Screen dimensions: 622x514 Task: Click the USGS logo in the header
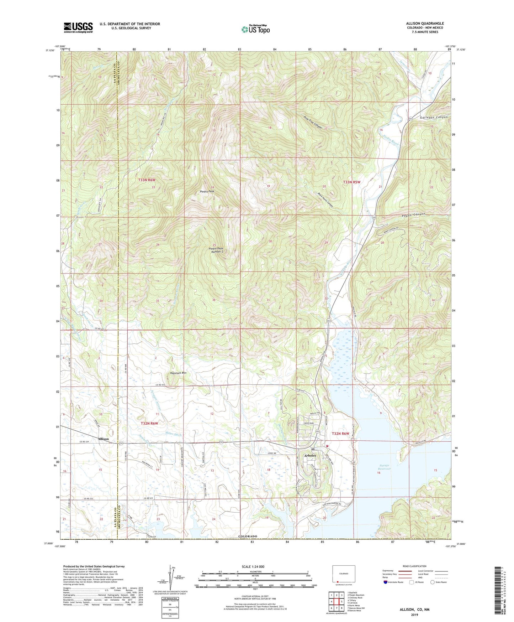click(x=78, y=27)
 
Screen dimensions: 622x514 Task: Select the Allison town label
click(x=103, y=439)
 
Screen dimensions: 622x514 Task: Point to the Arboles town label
click(x=309, y=456)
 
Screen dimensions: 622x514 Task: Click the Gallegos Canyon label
click(x=433, y=117)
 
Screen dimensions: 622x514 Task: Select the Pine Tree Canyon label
click(x=313, y=122)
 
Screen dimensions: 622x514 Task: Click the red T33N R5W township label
click(x=351, y=182)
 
